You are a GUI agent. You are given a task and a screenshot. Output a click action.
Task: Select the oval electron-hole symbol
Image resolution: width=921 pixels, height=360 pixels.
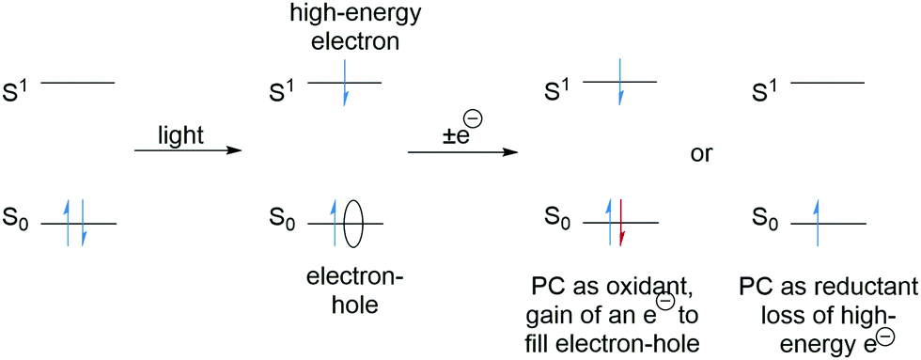[x=353, y=224]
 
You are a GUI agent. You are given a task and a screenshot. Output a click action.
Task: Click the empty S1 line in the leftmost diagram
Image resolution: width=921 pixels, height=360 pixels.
[x=78, y=84]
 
